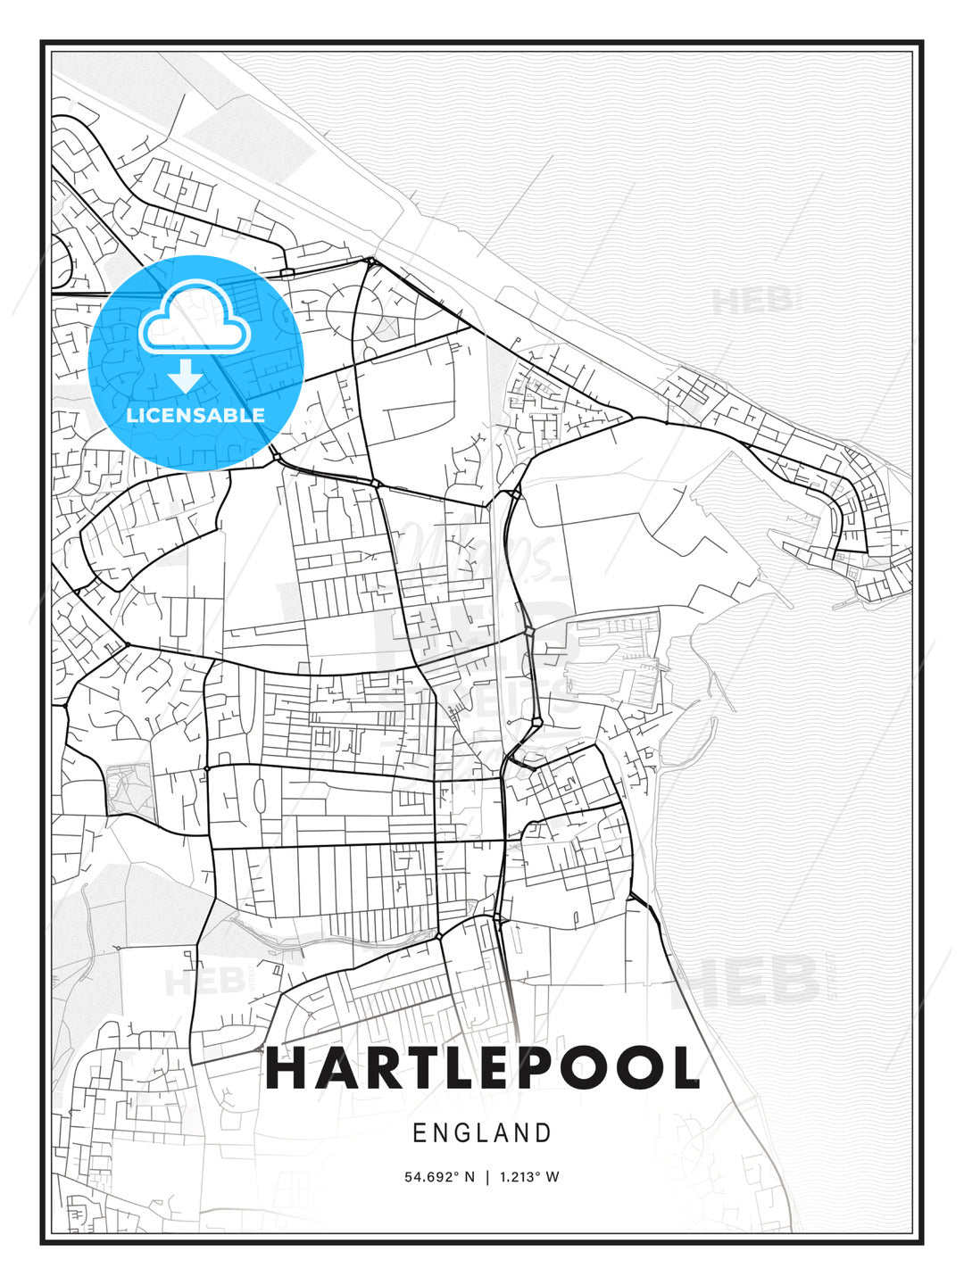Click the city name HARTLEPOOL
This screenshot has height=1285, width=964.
point(482,1068)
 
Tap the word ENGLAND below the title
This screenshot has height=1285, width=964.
point(482,1133)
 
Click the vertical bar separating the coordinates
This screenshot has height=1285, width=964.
point(486,1177)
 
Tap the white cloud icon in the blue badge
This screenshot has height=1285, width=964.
point(192,319)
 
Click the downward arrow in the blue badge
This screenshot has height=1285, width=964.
point(185,376)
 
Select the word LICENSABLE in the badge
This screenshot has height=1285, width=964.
point(195,415)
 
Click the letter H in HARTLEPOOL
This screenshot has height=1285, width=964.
point(288,1068)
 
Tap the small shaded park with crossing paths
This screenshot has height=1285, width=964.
point(128,790)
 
